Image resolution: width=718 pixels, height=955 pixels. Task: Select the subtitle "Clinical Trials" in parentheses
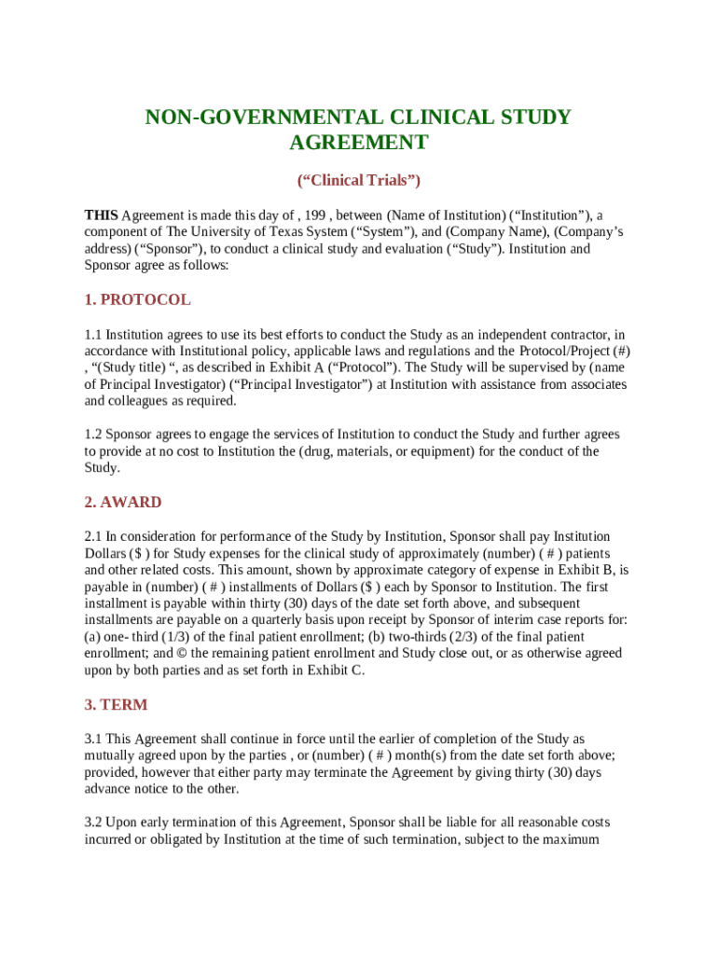point(358,180)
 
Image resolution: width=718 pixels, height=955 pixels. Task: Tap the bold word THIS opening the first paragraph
point(101,215)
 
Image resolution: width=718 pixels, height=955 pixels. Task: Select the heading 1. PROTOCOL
point(137,299)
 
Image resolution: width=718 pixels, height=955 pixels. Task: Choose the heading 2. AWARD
point(122,502)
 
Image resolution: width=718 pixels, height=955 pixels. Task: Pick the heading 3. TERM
point(116,704)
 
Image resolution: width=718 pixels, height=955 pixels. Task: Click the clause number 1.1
point(93,334)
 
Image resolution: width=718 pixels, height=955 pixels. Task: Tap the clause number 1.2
point(93,434)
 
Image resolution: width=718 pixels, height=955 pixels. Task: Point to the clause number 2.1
point(93,536)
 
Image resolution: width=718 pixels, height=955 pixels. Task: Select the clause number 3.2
point(93,822)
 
